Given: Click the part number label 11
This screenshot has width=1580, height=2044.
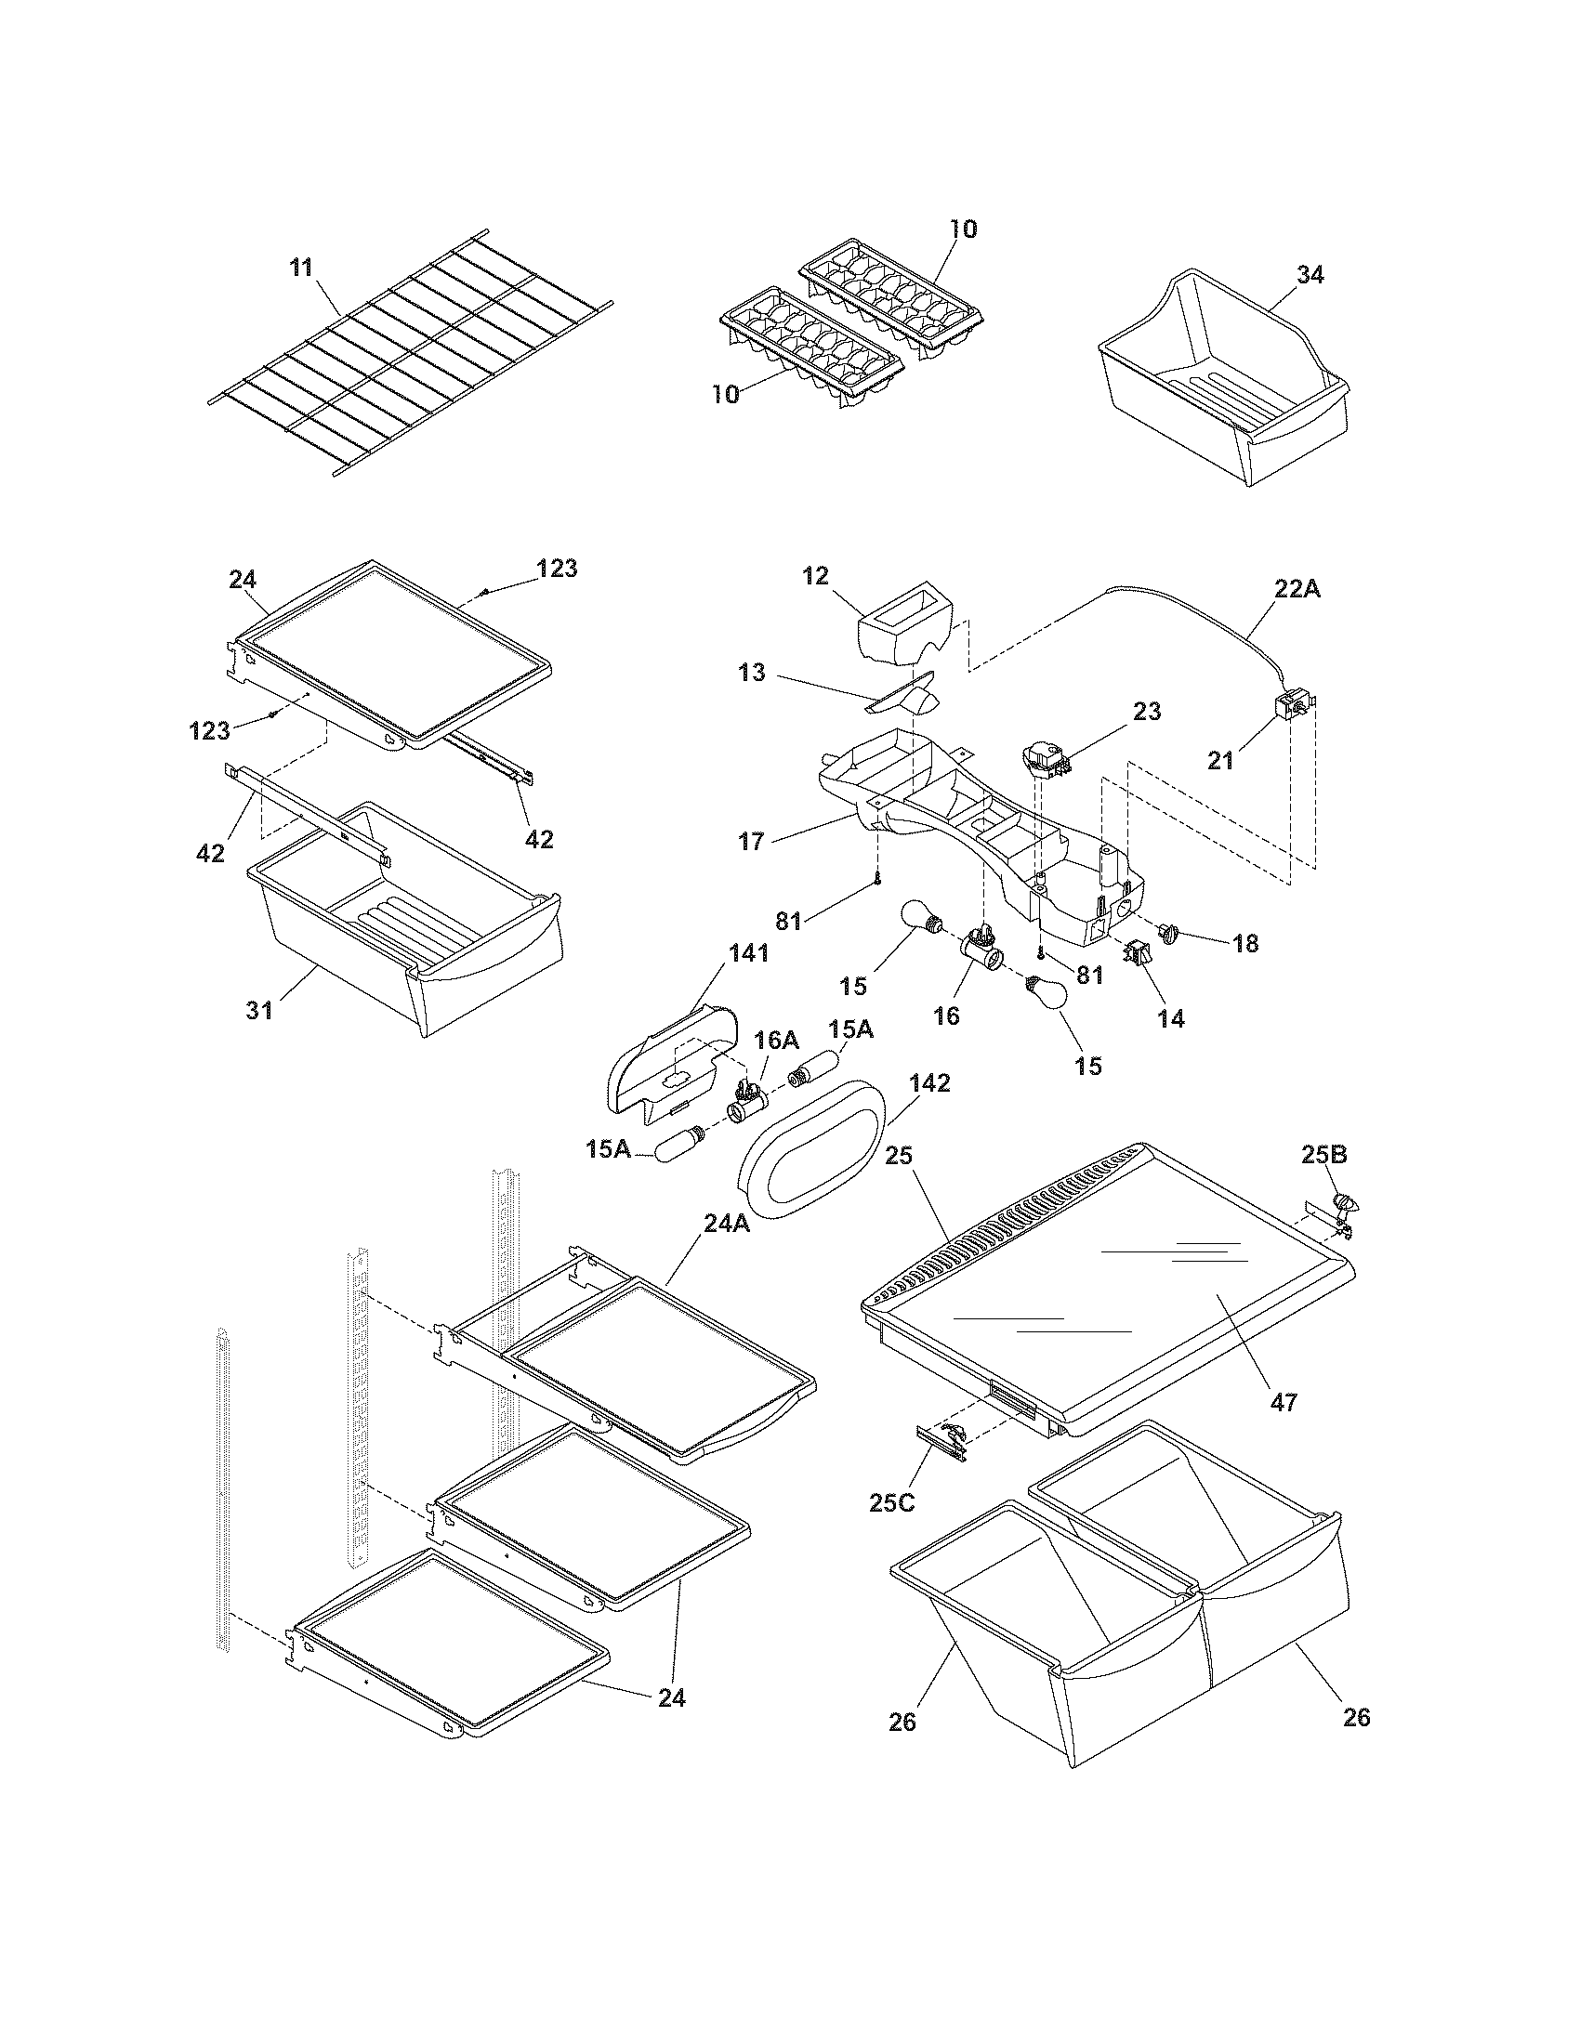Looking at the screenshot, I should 300,268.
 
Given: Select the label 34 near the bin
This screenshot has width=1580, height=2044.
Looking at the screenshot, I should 1310,275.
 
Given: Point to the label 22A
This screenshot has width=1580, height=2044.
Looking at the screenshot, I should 1297,590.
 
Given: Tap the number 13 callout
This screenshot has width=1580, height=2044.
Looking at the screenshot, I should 752,673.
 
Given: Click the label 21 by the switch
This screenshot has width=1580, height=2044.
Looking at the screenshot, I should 1219,761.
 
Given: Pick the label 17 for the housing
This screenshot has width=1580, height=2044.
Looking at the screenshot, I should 752,842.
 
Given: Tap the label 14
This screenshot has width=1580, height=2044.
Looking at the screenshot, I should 1170,1018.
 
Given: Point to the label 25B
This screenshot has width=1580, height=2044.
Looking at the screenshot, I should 1323,1155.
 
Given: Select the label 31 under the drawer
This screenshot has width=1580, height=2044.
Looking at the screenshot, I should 260,1010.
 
